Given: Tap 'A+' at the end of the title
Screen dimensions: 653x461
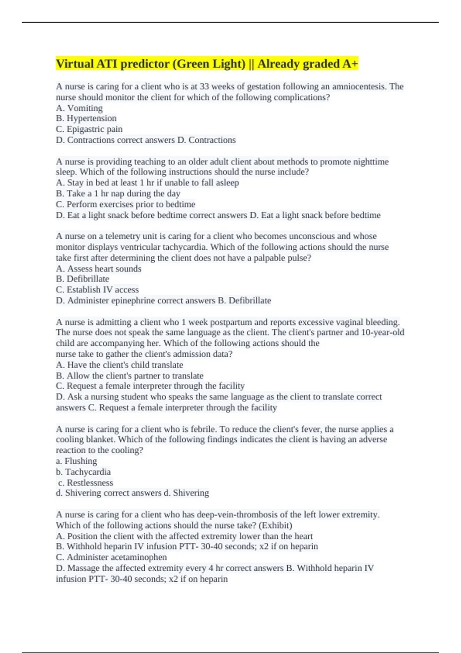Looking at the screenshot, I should (x=350, y=64).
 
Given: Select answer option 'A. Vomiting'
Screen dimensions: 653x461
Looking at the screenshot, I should (x=79, y=108).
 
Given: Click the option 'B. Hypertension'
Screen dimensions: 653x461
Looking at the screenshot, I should (x=86, y=119).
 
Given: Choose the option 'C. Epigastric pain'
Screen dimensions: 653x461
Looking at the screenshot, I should (x=89, y=129).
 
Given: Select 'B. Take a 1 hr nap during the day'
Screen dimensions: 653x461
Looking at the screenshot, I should (x=118, y=194).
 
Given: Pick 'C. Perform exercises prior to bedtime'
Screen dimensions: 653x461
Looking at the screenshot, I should (x=126, y=204).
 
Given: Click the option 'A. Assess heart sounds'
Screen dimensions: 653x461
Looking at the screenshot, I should (x=99, y=269).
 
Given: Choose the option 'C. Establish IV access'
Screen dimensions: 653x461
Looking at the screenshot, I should (x=97, y=290).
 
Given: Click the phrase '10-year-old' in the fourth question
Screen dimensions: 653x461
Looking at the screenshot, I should (x=383, y=333).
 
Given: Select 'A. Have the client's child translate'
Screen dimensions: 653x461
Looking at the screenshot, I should (x=119, y=365).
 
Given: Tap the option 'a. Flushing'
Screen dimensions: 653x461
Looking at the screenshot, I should (x=76, y=461).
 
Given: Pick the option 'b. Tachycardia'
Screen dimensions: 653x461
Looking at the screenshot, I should (x=83, y=472).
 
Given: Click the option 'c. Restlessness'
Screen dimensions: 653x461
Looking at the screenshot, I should (x=86, y=483).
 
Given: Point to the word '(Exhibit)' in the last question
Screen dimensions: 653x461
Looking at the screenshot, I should (x=275, y=525).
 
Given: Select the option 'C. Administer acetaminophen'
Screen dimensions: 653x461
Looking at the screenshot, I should (x=111, y=557).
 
